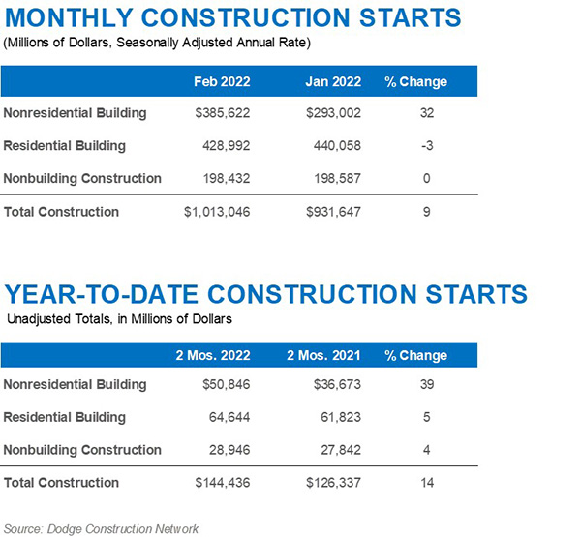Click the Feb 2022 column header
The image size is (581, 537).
click(x=223, y=81)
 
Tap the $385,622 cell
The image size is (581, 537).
click(x=223, y=113)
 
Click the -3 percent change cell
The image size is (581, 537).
click(x=426, y=146)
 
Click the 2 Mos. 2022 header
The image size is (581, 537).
click(x=223, y=355)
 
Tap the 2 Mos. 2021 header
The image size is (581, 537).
click(x=325, y=355)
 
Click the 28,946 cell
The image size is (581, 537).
click(x=229, y=450)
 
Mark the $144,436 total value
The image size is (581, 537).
click(x=222, y=483)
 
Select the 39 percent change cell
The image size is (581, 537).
click(x=426, y=385)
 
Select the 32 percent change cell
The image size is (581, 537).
click(x=426, y=113)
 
